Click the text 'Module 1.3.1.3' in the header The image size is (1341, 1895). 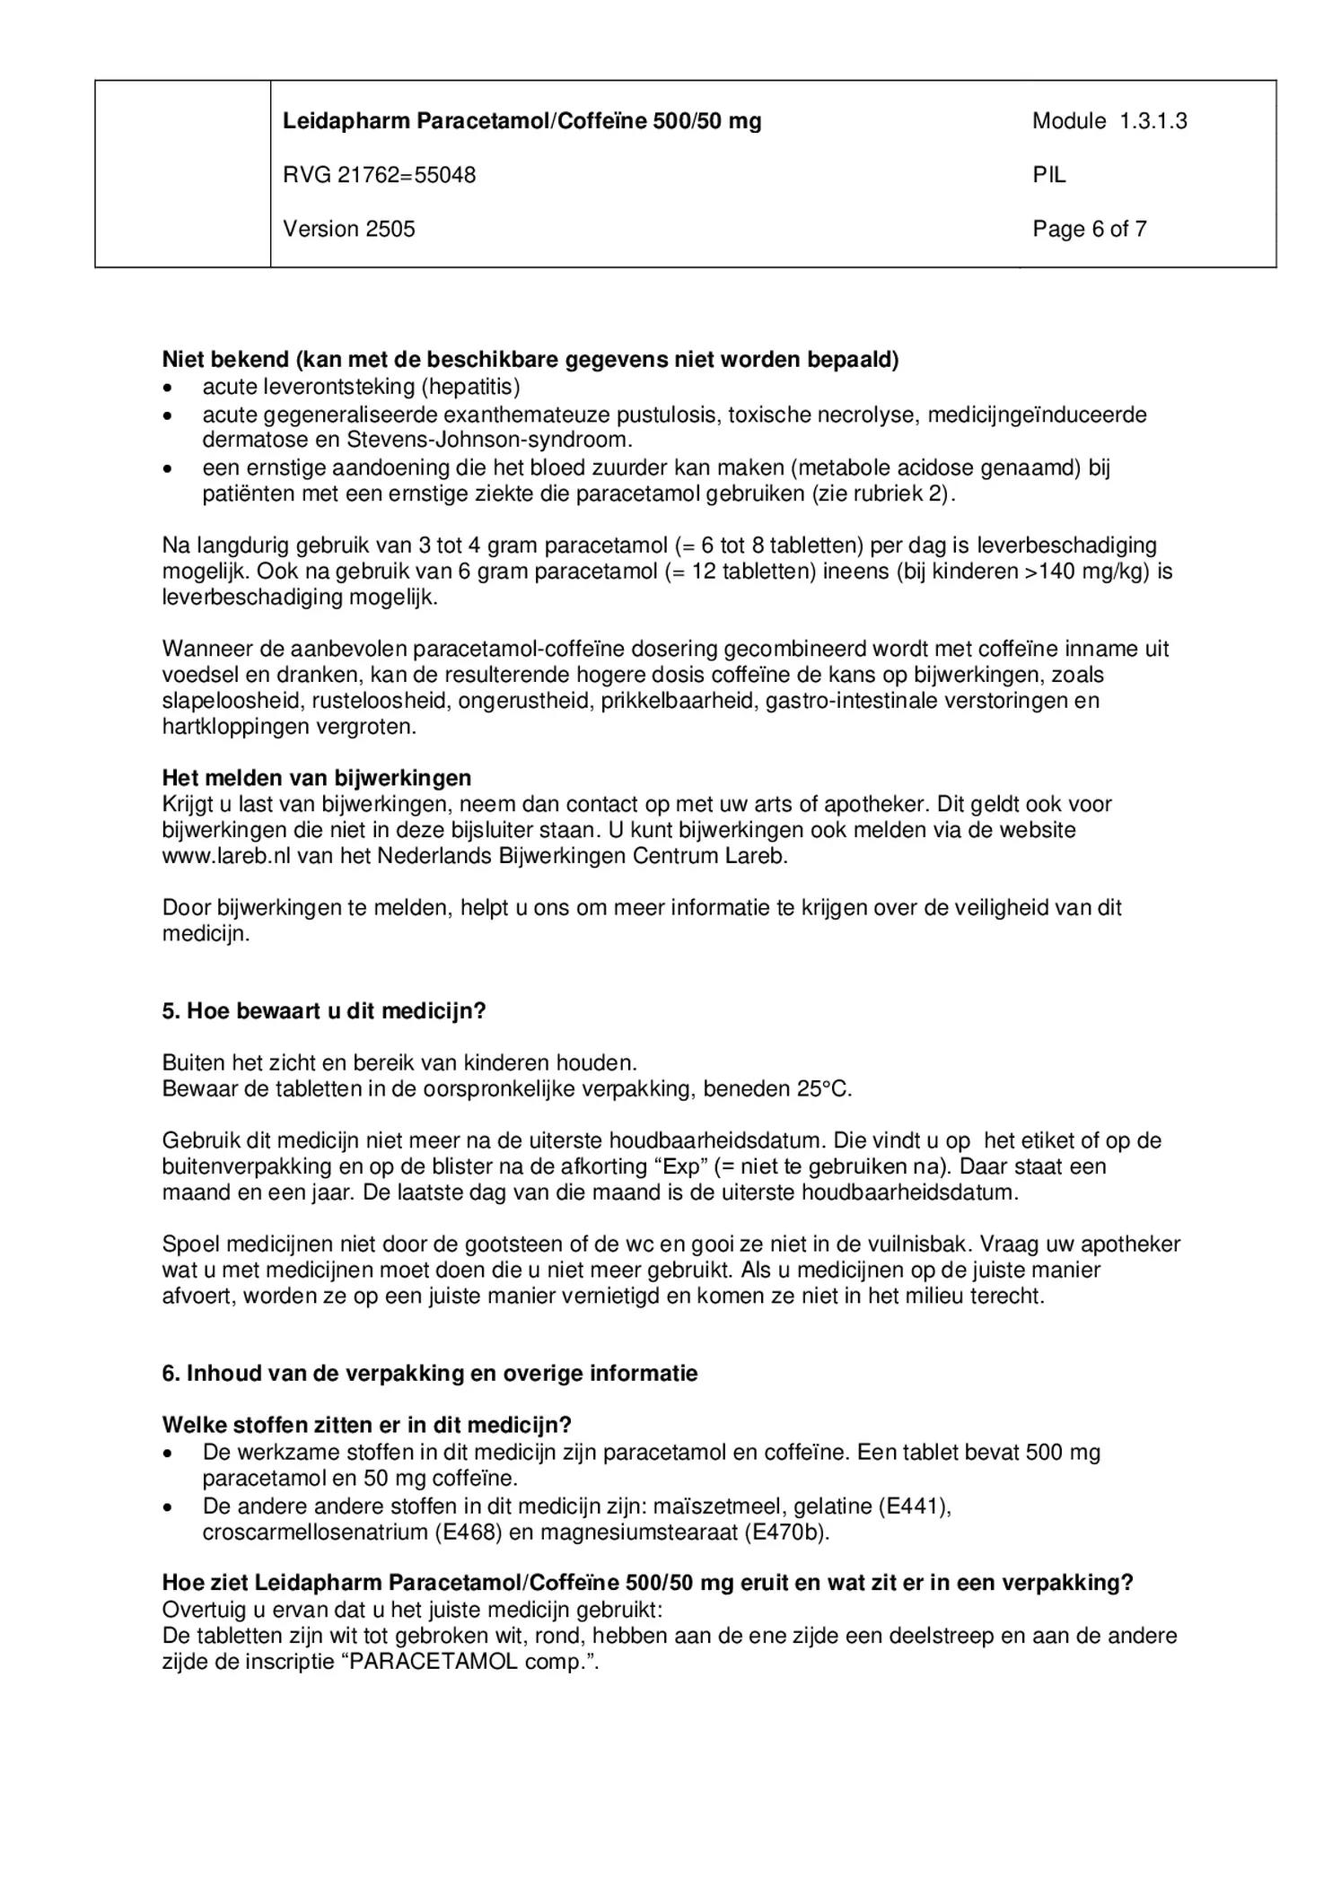click(x=1109, y=121)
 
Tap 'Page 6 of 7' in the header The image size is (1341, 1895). click(x=1089, y=229)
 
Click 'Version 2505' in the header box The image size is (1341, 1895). click(x=349, y=229)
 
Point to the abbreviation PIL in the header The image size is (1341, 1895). click(x=1048, y=175)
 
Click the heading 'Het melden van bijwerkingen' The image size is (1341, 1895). click(x=316, y=777)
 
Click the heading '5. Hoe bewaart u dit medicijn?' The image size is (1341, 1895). click(x=323, y=1010)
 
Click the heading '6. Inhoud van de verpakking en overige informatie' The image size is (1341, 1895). click(x=429, y=1373)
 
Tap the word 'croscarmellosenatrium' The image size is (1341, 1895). click(x=313, y=1532)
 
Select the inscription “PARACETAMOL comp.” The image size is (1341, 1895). click(x=470, y=1661)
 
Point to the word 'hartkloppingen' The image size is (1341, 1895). click(x=235, y=726)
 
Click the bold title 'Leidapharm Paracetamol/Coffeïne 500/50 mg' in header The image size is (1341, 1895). click(x=521, y=121)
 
